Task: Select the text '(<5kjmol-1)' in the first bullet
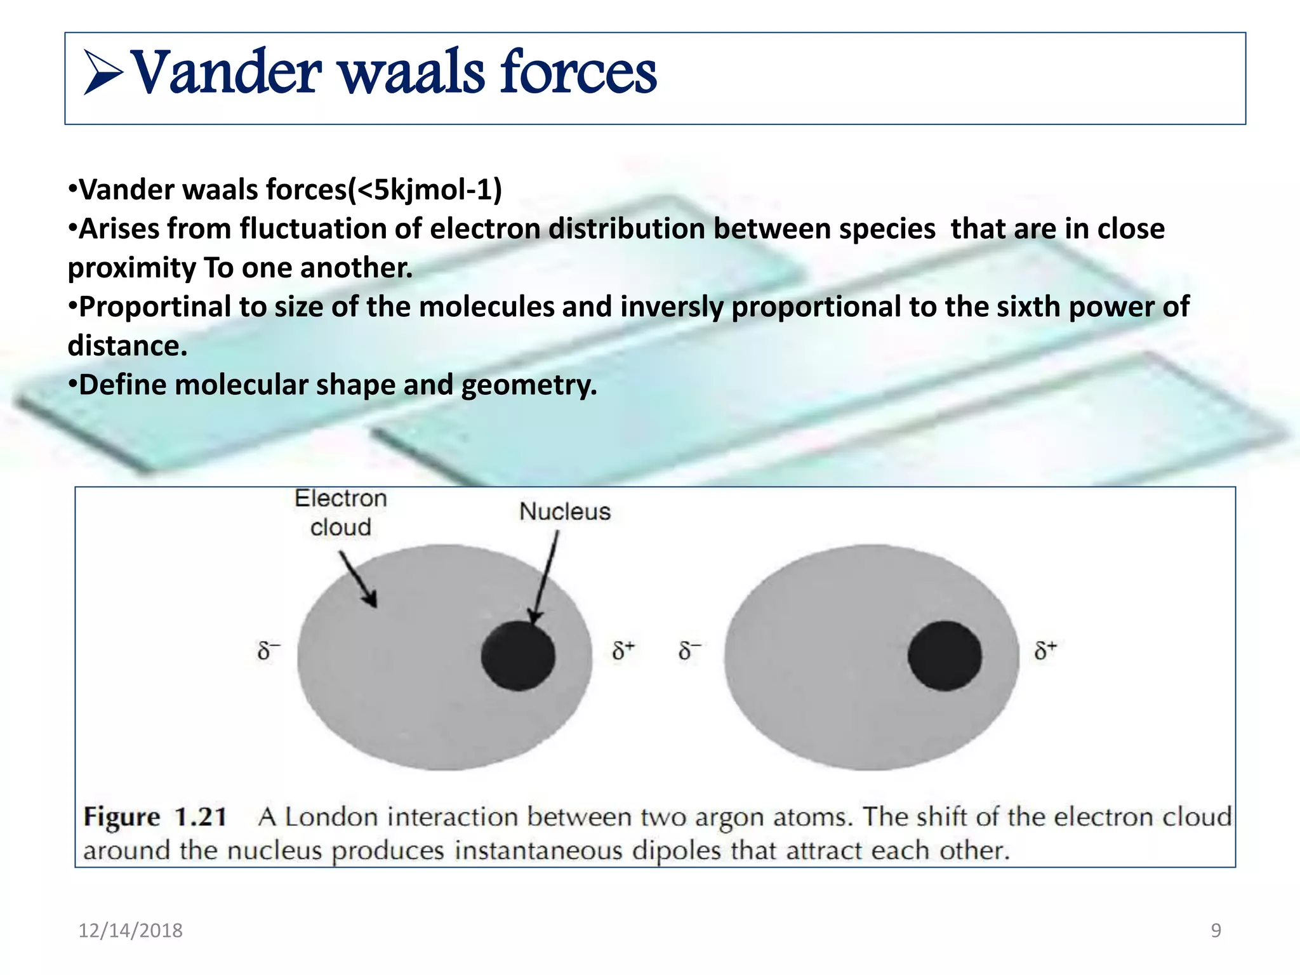(425, 190)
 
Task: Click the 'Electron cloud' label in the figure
(341, 513)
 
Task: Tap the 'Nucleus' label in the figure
(564, 512)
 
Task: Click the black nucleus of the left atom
(518, 656)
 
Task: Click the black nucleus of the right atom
(945, 656)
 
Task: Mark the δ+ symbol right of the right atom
(1045, 651)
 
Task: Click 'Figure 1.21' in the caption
(155, 817)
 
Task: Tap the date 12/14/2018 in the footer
(130, 931)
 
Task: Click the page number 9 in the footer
(1216, 931)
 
